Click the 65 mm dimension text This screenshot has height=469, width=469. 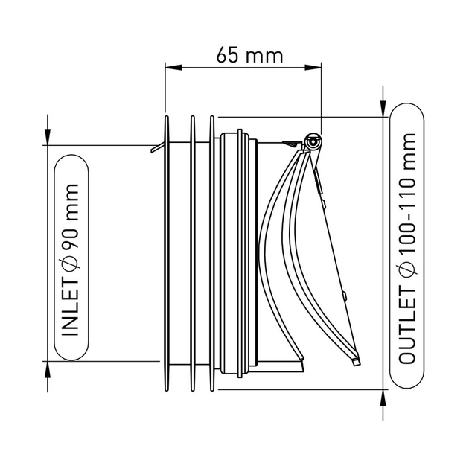(249, 55)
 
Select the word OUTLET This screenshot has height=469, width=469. (407, 327)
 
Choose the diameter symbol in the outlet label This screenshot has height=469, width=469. (407, 270)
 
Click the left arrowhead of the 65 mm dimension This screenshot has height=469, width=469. (173, 68)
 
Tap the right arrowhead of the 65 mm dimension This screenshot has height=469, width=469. (313, 68)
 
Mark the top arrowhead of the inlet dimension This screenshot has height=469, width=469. (48, 137)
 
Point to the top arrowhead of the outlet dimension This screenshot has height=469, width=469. (383, 109)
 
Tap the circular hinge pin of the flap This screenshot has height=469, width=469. (313, 141)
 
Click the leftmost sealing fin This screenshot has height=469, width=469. (167, 253)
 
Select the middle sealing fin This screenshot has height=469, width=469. (193, 253)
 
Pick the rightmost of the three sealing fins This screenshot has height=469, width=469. (212, 253)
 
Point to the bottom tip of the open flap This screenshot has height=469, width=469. (357, 363)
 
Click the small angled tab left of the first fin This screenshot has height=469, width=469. (158, 147)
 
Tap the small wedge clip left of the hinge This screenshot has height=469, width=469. (292, 144)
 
